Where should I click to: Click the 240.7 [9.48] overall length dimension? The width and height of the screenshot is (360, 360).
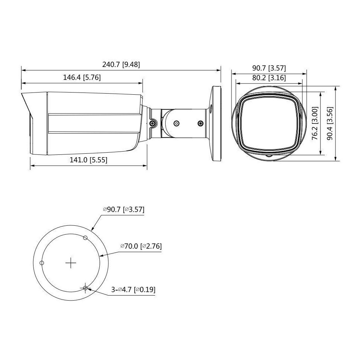pos(121,64)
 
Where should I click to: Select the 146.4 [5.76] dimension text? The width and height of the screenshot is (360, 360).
pos(82,77)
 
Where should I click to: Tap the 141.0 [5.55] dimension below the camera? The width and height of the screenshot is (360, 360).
pos(89,160)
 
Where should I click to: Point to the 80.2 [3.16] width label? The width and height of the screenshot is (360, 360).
pos(269,78)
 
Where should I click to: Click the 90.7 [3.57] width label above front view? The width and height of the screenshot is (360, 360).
pos(269,68)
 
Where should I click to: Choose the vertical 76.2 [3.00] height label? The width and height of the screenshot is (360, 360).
pos(315,123)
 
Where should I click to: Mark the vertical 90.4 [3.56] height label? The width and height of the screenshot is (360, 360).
pos(330,123)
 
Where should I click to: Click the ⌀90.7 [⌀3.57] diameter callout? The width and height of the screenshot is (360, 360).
pos(124,210)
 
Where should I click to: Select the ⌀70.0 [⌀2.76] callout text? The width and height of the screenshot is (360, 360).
pos(141,246)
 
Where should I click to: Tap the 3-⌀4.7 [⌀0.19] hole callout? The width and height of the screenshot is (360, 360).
pos(133,289)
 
